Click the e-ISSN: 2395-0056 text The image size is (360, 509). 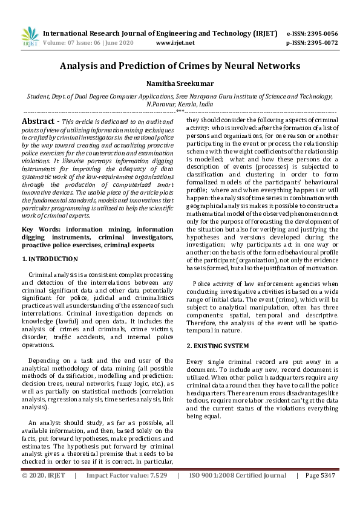coord(312,34)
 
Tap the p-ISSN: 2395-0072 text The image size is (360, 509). coord(312,43)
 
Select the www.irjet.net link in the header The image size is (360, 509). coord(175,43)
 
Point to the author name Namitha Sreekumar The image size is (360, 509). coord(180,85)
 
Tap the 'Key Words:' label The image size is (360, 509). coord(39,230)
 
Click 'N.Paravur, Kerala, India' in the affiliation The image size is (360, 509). coord(180,104)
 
